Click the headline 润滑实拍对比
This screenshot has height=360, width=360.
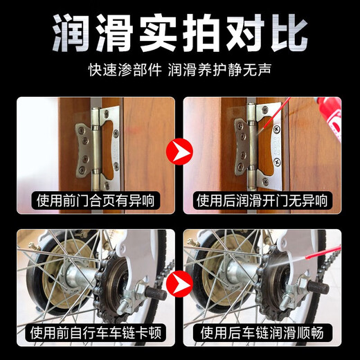coord(180,31)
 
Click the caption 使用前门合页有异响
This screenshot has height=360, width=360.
coord(97,201)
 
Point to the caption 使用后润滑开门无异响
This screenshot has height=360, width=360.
coord(263,201)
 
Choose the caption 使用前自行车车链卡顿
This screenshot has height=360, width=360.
coord(97,334)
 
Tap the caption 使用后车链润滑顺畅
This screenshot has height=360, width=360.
coord(263,334)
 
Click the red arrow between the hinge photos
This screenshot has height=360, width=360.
coord(179,149)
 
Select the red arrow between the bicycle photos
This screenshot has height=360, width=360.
coord(179,282)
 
